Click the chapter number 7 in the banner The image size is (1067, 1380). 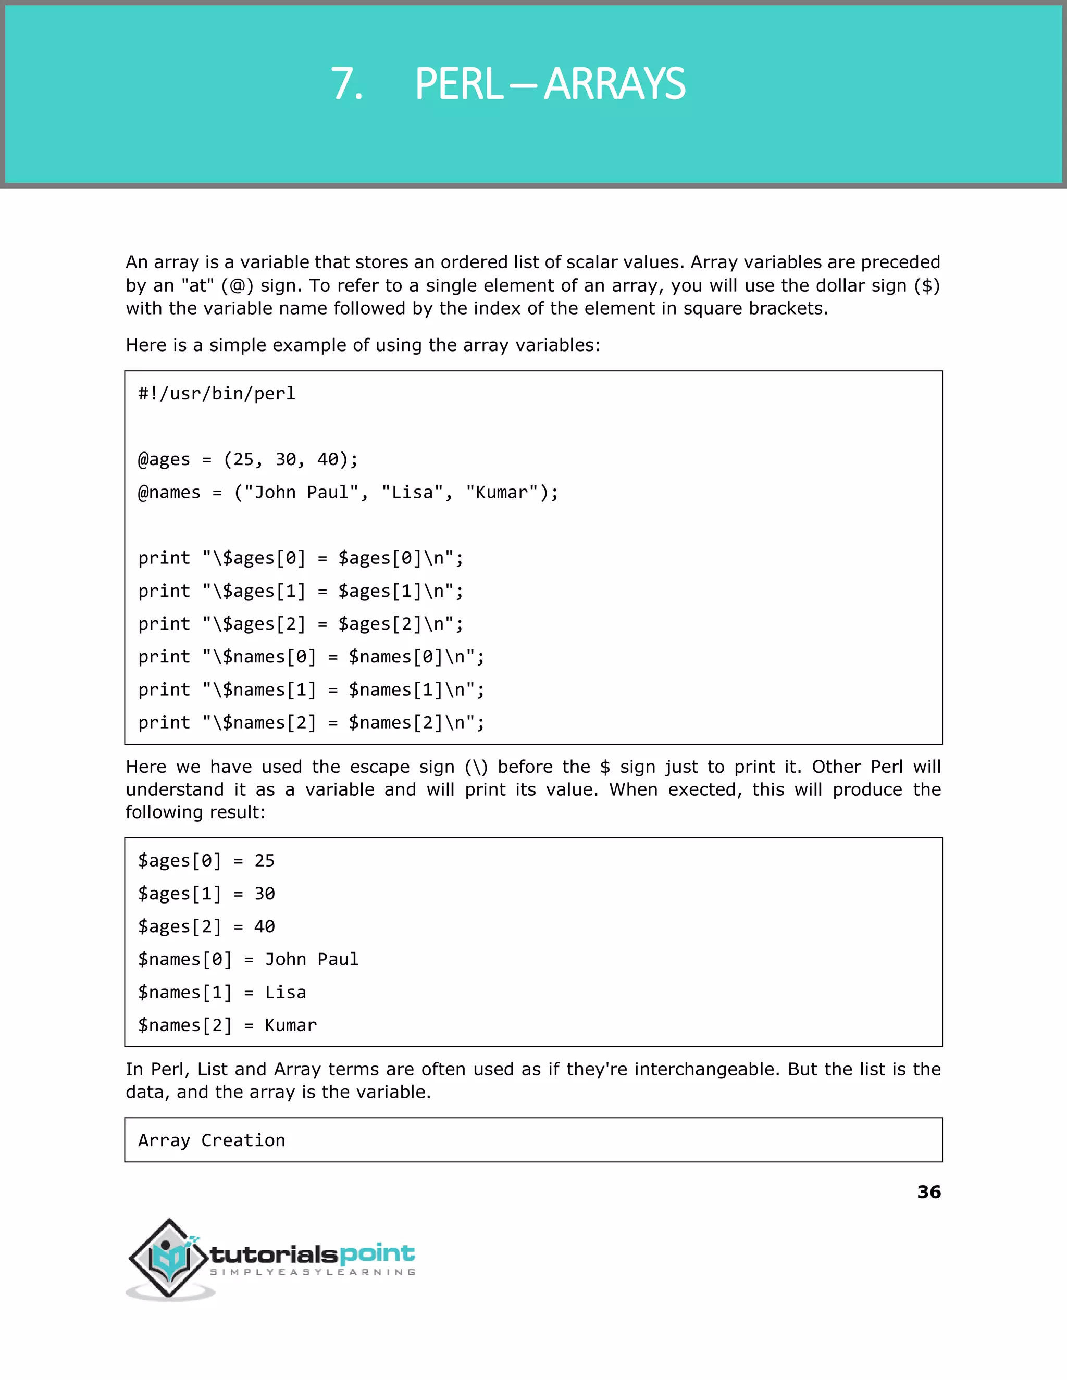click(346, 84)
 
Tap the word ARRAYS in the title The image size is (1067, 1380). click(614, 84)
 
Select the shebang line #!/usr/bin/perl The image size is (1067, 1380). click(217, 394)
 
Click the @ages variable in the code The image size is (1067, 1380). click(164, 459)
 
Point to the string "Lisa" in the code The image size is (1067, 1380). click(412, 492)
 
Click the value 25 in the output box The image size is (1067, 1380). click(264, 861)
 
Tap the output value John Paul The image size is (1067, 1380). click(311, 959)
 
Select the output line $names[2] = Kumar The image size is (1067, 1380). click(228, 1025)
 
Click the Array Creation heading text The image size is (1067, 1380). click(212, 1140)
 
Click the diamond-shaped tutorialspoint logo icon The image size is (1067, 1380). click(169, 1258)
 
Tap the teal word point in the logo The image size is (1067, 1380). click(377, 1253)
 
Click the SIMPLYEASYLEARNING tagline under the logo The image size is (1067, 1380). click(312, 1272)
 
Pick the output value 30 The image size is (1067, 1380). click(264, 894)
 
